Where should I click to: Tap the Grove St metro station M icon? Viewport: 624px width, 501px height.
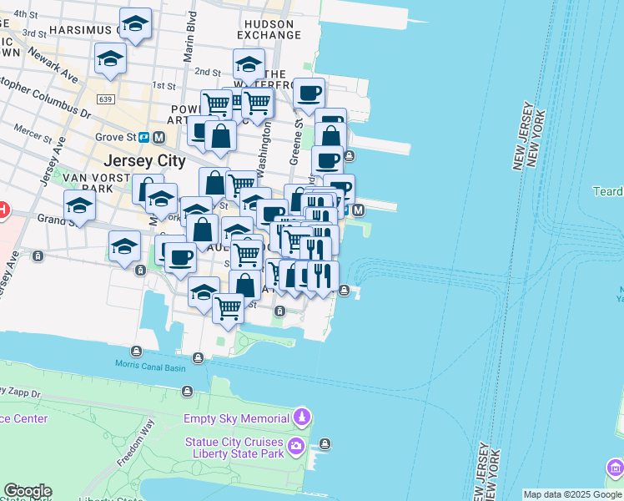click(158, 137)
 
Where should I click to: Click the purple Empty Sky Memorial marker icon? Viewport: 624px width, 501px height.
click(302, 417)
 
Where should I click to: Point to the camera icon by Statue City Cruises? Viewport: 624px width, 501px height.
click(296, 448)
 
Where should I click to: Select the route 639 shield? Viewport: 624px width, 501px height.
click(105, 99)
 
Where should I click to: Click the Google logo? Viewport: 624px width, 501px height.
click(27, 491)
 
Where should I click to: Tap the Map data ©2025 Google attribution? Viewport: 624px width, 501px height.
click(572, 494)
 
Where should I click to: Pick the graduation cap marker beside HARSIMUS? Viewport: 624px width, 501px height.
click(134, 24)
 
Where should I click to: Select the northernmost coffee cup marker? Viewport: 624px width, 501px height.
click(309, 93)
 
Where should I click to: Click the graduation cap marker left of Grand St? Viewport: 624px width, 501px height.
click(79, 205)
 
